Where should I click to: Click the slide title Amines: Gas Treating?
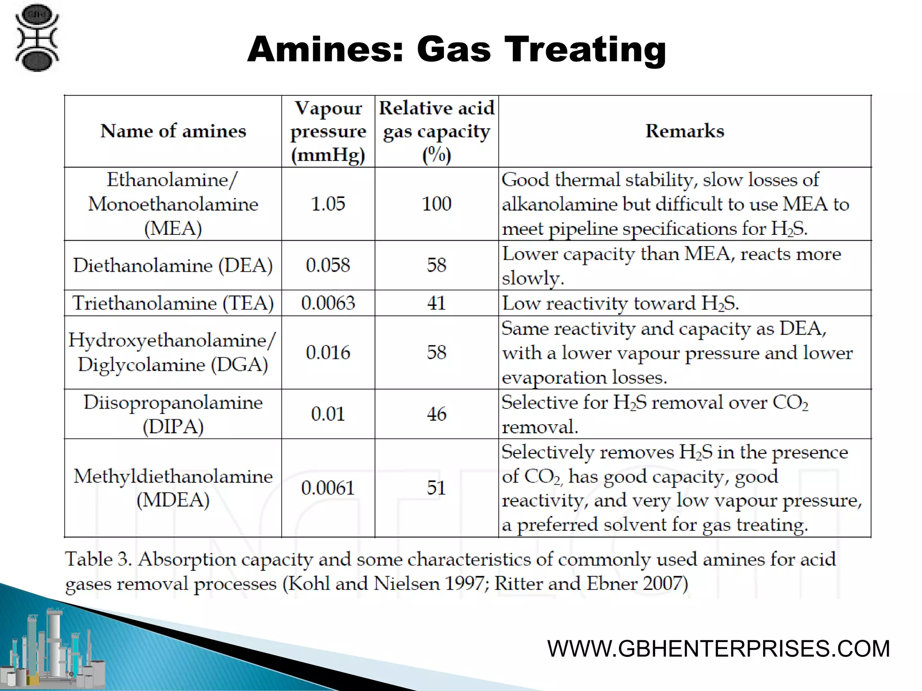coord(456,49)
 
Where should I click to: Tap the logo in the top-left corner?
coord(37,38)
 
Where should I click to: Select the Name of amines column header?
coord(173,131)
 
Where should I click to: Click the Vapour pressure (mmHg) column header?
coord(328,131)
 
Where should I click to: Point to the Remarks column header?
coord(685,131)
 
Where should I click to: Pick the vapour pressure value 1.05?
coord(328,204)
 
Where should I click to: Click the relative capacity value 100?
coord(436,204)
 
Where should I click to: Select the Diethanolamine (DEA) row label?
coord(173,265)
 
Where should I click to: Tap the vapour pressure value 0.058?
coord(328,265)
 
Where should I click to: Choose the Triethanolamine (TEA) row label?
coord(173,303)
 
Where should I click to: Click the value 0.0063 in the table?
coord(328,303)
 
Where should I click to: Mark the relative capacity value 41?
coord(436,303)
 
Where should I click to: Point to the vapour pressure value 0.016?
coord(328,352)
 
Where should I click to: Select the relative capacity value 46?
coord(436,414)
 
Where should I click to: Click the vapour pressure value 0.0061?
coord(328,488)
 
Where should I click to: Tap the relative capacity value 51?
coord(436,488)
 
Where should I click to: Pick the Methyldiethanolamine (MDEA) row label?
coord(173,488)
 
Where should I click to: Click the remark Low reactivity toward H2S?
coord(620,303)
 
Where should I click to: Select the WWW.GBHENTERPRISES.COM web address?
coord(719,649)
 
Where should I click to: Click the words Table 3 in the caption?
coord(98,560)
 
